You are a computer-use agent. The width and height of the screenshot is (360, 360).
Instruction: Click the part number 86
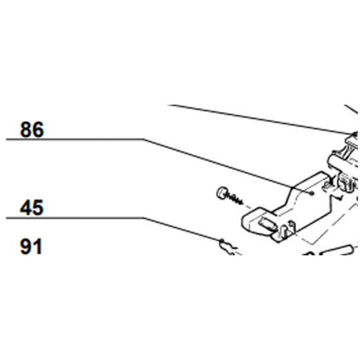[x=32, y=130]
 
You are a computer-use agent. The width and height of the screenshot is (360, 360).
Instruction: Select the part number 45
[x=31, y=207]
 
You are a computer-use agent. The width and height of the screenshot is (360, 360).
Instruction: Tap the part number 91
[x=31, y=247]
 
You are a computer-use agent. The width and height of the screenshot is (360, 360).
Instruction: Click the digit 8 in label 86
[x=26, y=130]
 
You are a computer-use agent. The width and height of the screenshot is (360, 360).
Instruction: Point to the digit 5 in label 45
[x=38, y=207]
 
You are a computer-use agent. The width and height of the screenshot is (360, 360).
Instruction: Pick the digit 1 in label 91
[x=38, y=247]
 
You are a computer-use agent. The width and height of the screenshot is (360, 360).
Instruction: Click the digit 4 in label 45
[x=26, y=207]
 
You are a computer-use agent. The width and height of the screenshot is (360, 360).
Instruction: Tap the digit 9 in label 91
[x=26, y=247]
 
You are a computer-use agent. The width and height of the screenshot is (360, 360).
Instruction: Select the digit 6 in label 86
[x=38, y=130]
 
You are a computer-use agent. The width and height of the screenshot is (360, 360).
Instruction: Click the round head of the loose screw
[x=222, y=193]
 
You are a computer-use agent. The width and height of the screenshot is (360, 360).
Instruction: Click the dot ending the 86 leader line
[x=312, y=193]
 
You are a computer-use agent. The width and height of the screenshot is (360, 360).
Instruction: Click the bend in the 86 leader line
[x=143, y=139]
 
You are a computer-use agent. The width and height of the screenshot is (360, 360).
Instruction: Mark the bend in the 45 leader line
[x=143, y=218]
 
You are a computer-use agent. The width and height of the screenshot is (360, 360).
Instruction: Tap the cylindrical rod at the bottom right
[x=339, y=250]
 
